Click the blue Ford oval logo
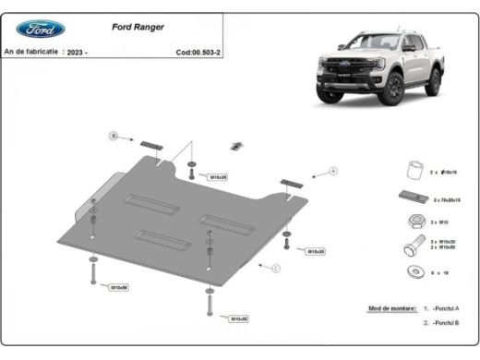coord(34,28)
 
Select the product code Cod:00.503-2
coord(199,53)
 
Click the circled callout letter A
coord(333,171)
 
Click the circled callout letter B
coord(114,136)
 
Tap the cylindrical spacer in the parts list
coord(414,171)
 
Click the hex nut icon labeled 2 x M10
coord(414,222)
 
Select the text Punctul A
coord(447,308)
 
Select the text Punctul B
coord(447,323)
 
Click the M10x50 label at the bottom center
coord(238,318)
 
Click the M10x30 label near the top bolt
coord(218,176)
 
